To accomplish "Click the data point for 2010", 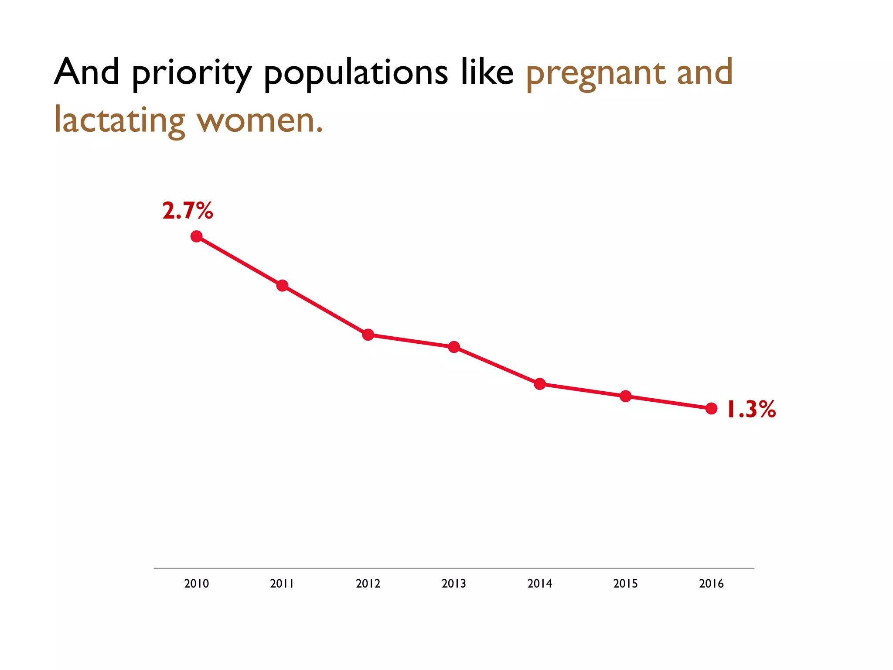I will point(197,236).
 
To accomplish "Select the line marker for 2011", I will point(283,286).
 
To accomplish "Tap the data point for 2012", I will point(368,335).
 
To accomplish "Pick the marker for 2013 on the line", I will point(454,347).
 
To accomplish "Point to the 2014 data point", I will point(540,384).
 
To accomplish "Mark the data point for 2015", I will point(626,396).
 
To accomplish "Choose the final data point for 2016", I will point(711,408).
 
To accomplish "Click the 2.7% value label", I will point(187,211).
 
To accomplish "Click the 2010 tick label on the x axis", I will point(197,584).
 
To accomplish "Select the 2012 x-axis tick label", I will point(368,584).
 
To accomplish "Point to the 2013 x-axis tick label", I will point(454,584).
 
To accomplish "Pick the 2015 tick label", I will point(626,584).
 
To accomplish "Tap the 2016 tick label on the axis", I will point(711,584).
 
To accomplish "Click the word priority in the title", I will point(192,73).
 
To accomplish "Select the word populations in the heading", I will point(356,73).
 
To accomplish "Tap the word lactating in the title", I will point(119,121).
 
